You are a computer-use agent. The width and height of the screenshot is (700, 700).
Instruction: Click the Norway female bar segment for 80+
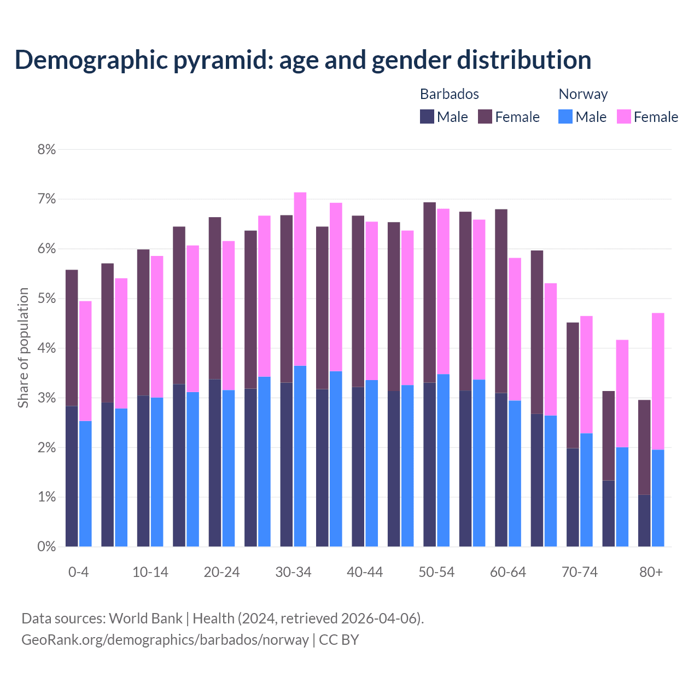point(658,381)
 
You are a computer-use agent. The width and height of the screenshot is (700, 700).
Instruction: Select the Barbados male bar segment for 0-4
point(72,476)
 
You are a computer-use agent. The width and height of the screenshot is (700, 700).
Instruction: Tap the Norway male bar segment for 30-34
point(300,456)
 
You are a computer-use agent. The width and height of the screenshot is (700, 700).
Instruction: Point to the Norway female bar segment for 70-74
point(586,375)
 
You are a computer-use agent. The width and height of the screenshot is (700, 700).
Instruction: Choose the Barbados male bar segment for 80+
point(644,521)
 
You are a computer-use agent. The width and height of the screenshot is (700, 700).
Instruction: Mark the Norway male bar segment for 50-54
point(444,460)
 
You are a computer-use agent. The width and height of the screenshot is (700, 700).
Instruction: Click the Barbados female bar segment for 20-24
point(215,298)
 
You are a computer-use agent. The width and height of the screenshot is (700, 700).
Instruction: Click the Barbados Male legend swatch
point(427,116)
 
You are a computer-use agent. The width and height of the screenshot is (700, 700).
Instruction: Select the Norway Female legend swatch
point(623,116)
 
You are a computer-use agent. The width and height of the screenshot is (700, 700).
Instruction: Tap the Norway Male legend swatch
point(565,116)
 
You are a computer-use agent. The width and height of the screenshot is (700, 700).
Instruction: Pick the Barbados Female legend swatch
point(485,116)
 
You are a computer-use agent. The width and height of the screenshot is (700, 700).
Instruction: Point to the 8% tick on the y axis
point(47,149)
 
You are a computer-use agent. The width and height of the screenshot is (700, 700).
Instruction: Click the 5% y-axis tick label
point(47,299)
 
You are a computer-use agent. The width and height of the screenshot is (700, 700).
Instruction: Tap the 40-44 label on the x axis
point(365,573)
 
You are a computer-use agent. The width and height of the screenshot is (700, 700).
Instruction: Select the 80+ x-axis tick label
point(651,573)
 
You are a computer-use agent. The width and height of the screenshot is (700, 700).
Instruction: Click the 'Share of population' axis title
point(23,348)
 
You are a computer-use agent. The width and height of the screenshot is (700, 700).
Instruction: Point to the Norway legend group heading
point(583,94)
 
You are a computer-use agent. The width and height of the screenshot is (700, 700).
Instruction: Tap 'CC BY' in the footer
point(339,640)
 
